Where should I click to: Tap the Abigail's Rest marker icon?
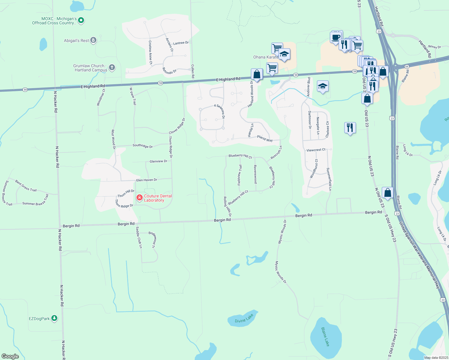93,40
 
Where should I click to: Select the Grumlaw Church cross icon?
112,67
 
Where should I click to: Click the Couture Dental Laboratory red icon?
140,197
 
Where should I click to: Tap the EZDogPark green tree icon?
54,318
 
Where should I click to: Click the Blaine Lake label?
325,337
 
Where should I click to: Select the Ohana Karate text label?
266,57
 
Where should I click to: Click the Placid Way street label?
265,138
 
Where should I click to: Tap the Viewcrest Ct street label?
316,150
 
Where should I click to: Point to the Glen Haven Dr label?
146,180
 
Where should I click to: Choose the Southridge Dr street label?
143,146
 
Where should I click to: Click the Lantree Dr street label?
181,43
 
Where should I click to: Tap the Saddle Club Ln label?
139,237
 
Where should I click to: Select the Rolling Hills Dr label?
227,206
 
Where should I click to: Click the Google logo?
10,356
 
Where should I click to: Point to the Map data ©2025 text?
436,358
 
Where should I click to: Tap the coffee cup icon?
336,37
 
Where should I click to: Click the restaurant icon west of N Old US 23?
350,128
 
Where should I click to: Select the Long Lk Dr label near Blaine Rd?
408,150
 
